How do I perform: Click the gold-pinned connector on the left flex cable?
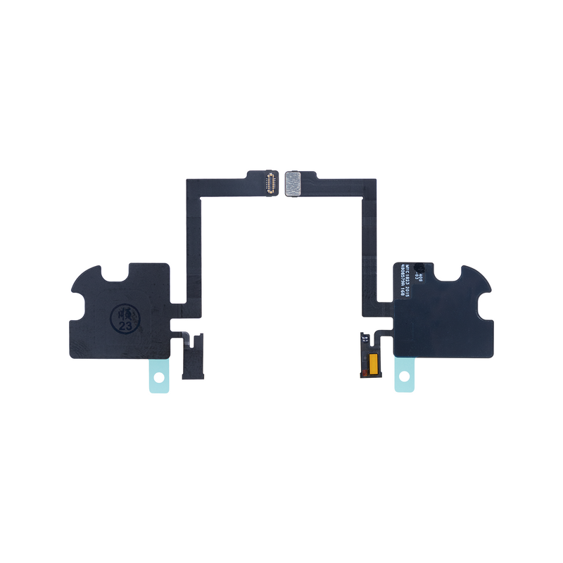(269, 182)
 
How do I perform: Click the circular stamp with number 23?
(124, 317)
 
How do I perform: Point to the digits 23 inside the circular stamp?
(125, 326)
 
